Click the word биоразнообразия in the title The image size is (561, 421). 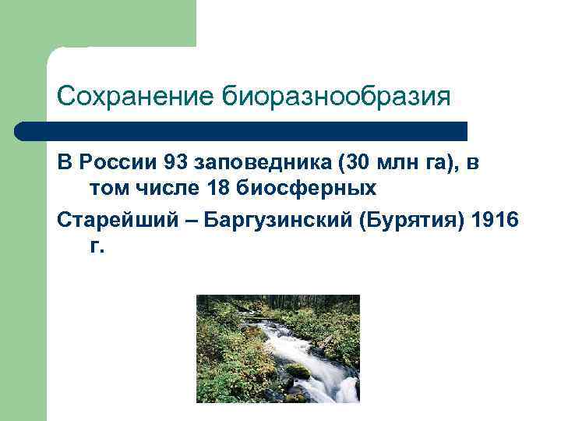[337, 97]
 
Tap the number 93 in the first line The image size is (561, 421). [176, 163]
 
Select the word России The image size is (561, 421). [115, 163]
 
